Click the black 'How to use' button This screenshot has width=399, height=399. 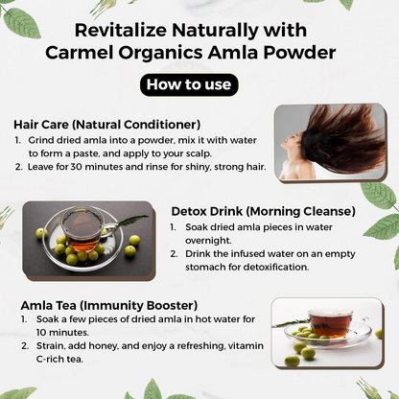point(189,84)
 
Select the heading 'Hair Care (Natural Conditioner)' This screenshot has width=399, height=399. point(107,124)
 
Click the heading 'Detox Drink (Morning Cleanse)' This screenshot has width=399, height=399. point(263,210)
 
